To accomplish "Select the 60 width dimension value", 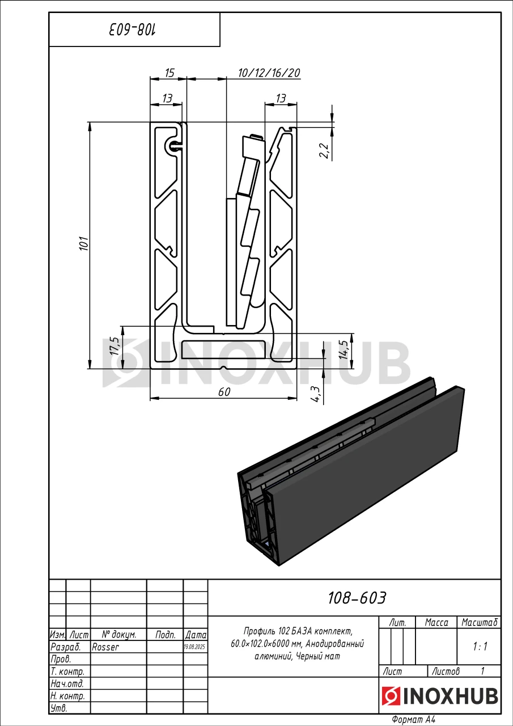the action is point(224,392).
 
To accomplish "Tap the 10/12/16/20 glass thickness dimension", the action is point(269,73).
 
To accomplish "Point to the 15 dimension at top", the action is point(169,73).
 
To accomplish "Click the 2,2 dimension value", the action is point(324,151).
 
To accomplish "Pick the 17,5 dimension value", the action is point(115,345).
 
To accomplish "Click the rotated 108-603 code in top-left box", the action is point(132,29).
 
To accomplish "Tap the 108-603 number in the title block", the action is point(357,598).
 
